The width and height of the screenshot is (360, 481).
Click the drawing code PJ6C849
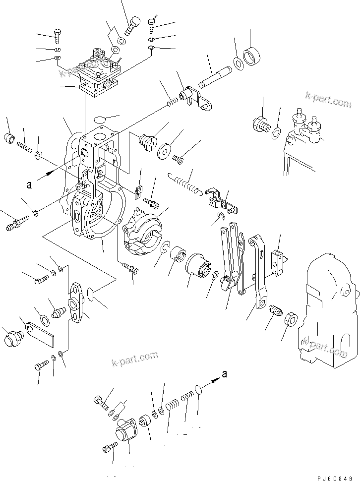click(337, 477)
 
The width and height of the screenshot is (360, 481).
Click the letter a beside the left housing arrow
click(30, 184)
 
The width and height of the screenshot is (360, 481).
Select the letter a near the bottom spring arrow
click(225, 374)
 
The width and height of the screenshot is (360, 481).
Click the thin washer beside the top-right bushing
click(238, 63)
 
